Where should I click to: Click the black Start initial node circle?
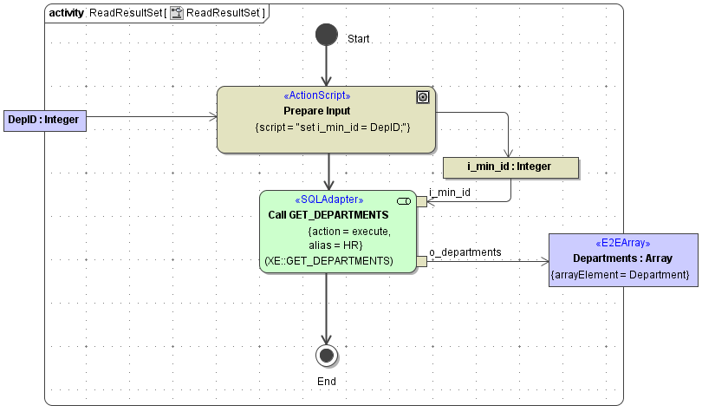coord(326,35)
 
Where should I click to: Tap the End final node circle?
coord(326,355)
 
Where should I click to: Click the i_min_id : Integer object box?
coord(509,167)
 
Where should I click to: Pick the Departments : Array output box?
coord(621,258)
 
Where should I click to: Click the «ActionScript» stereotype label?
coord(317,96)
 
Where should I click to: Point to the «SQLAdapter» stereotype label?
coord(329,200)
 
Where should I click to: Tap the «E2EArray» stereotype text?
coord(622,243)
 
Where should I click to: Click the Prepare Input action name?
coord(317,111)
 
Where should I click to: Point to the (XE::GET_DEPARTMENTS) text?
coord(328,260)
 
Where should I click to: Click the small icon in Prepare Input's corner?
coord(423,97)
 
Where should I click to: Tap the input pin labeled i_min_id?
coord(421,202)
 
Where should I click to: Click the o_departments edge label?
coord(465,252)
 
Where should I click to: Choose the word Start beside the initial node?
coord(358,40)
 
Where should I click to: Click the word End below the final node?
coord(326,381)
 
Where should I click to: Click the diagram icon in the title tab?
coord(177,13)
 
